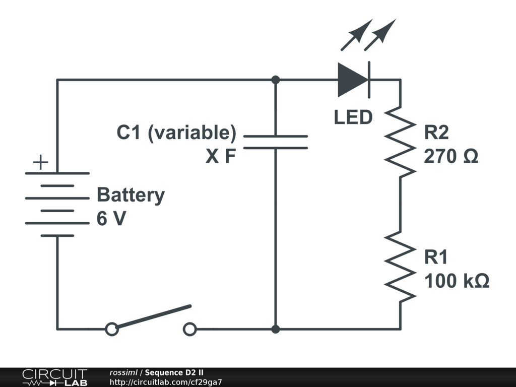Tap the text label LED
pyautogui.click(x=353, y=117)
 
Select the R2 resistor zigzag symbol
pyautogui.click(x=401, y=141)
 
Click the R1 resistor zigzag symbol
pyautogui.click(x=401, y=267)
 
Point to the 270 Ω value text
pyautogui.click(x=451, y=157)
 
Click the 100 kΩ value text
pyautogui.click(x=457, y=281)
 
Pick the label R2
pyautogui.click(x=436, y=133)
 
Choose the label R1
pyautogui.click(x=436, y=257)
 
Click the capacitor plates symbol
pyautogui.click(x=275, y=142)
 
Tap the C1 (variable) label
pyautogui.click(x=176, y=133)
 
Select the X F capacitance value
pyautogui.click(x=221, y=157)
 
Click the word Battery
pyautogui.click(x=131, y=195)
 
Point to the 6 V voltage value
pyautogui.click(x=111, y=219)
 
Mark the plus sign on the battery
pyautogui.click(x=40, y=162)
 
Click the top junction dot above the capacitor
pyautogui.click(x=275, y=80)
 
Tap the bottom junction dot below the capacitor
pyautogui.click(x=275, y=329)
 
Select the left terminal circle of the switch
pyautogui.click(x=112, y=330)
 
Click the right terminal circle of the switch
pyautogui.click(x=189, y=330)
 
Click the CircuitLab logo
pyautogui.click(x=54, y=377)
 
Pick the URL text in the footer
pyautogui.click(x=166, y=382)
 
